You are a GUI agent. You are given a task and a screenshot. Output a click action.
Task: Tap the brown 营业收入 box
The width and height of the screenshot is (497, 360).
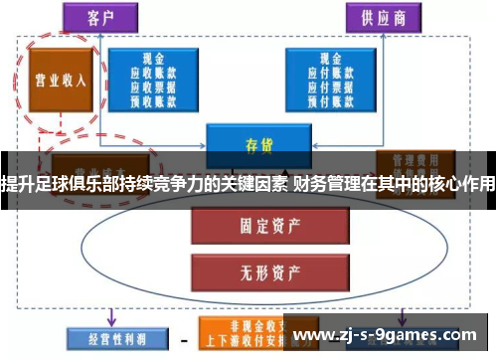[60, 80]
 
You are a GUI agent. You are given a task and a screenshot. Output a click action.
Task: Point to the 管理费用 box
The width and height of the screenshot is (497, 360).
[409, 160]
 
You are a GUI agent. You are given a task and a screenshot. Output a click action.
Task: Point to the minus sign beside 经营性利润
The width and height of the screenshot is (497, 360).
[184, 339]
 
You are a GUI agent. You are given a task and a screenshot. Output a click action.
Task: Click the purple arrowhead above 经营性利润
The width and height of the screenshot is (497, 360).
[112, 319]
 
